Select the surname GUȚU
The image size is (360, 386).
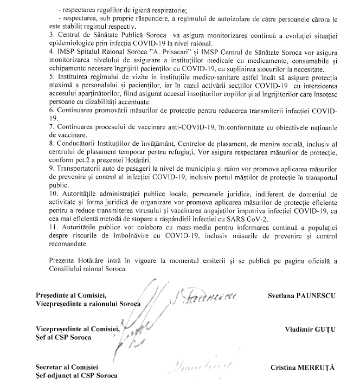[323, 329]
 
